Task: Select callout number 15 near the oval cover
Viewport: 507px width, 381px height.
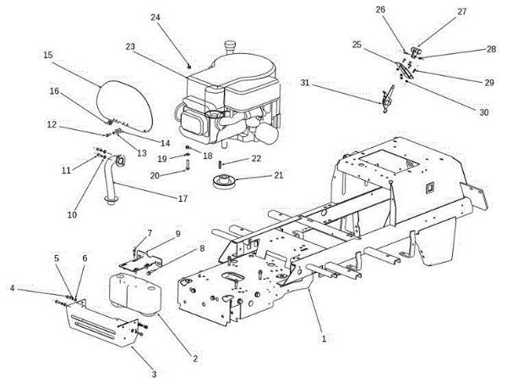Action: pos(47,55)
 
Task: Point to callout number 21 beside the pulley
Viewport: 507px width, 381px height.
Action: pos(278,176)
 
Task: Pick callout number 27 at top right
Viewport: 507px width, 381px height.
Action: pos(461,12)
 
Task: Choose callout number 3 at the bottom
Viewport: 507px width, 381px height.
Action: pos(154,373)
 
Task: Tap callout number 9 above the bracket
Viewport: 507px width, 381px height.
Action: pos(177,234)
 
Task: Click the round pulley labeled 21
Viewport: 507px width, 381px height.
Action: pos(224,180)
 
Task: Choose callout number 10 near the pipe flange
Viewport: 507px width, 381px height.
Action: pos(71,215)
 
